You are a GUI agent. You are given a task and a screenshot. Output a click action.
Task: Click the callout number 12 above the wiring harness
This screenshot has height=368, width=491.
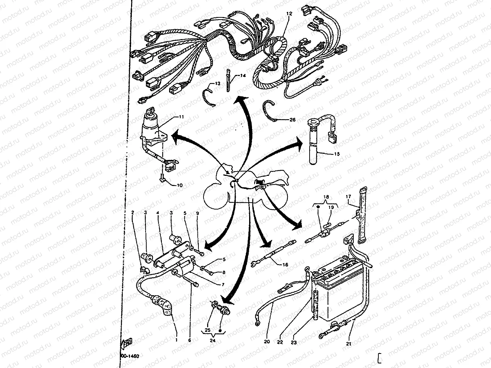[x=289, y=13]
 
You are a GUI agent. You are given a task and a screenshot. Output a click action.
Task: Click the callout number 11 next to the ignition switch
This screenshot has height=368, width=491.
[x=181, y=117]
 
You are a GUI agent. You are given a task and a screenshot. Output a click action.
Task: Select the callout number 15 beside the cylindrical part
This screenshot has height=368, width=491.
[x=337, y=154]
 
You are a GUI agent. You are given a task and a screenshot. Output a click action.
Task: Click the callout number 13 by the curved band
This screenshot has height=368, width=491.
[x=217, y=84]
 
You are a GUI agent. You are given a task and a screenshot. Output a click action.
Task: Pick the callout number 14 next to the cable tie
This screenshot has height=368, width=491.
[x=242, y=76]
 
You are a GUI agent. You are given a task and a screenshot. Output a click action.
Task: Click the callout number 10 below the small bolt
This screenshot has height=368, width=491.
[x=179, y=185]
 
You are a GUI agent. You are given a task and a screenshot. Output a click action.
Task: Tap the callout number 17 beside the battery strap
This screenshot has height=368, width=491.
[x=348, y=197]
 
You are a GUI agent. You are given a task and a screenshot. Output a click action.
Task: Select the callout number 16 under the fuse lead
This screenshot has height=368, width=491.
[x=285, y=265]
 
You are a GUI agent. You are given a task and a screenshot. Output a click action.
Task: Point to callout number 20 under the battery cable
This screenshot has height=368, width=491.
[x=267, y=342]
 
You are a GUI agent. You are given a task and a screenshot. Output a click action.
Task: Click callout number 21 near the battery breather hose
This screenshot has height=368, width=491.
[x=348, y=344]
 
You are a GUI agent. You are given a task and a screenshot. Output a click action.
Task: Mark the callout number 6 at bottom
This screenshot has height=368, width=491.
[x=190, y=340]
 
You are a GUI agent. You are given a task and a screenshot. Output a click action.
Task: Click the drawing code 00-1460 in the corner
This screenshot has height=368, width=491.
[x=129, y=356]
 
